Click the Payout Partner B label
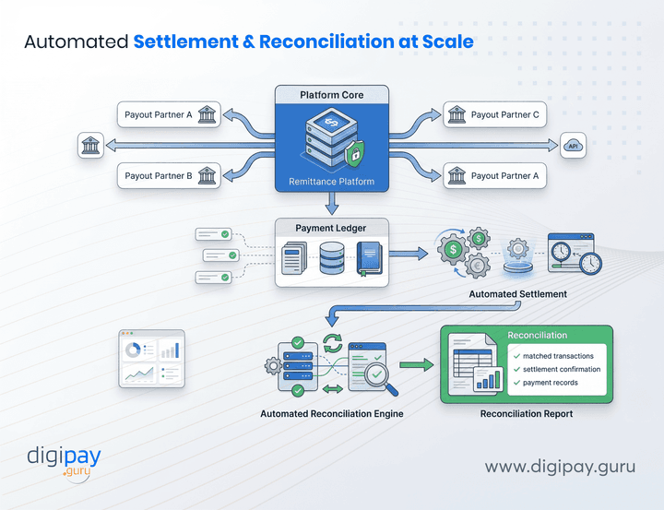(159, 175)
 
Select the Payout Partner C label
(504, 115)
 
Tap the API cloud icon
(573, 145)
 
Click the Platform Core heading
(332, 95)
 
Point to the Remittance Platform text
(332, 182)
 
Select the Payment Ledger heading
(332, 228)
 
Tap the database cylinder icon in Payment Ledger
(331, 259)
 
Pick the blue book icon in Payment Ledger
(368, 259)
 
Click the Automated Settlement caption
(517, 294)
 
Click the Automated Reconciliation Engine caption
(332, 414)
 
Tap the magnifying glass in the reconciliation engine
(375, 374)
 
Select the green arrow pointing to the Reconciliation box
(418, 366)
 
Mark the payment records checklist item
(551, 382)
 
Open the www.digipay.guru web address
(560, 467)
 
